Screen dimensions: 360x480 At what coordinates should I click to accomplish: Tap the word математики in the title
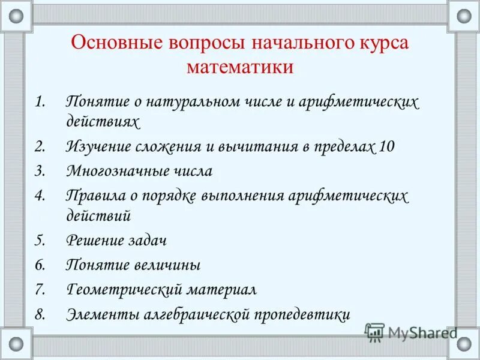pyautogui.click(x=239, y=67)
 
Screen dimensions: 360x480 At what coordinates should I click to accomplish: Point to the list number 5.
pyautogui.click(x=40, y=241)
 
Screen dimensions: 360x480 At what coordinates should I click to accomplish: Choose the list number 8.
pyautogui.click(x=40, y=314)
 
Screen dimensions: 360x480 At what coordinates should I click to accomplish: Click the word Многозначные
pyautogui.click(x=113, y=170)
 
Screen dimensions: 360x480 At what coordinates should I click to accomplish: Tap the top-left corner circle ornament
pyautogui.click(x=16, y=16)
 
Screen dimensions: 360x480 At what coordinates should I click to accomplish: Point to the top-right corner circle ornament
pyautogui.click(x=464, y=16)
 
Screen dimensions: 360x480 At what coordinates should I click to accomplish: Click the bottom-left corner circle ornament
pyautogui.click(x=16, y=344)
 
